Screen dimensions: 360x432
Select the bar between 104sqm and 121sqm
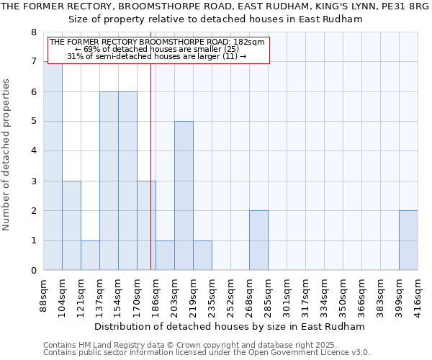71,225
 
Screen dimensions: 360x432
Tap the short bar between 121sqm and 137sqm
90,256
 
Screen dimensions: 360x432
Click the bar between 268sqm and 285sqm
258,240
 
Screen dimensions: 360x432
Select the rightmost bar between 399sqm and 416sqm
408,240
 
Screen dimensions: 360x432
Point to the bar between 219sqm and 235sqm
202,256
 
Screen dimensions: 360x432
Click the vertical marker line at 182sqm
150,180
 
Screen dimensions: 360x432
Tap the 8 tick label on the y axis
33,32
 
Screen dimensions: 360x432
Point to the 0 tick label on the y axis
33,271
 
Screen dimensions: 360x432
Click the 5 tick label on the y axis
33,122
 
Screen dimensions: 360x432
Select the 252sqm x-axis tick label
230,295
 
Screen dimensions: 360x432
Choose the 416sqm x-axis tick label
418,295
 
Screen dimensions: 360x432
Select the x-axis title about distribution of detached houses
230,326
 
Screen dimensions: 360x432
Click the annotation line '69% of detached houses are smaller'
157,49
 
